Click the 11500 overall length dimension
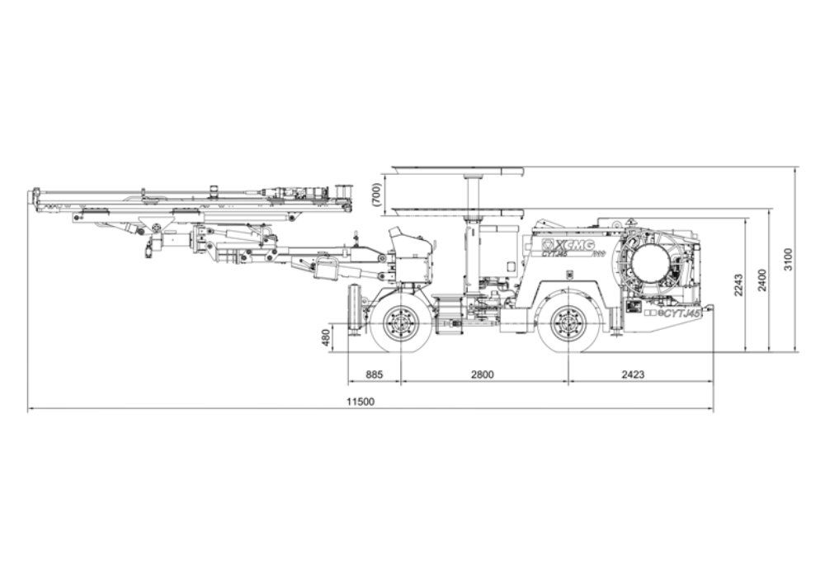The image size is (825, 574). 361,402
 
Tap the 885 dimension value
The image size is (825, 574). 374,374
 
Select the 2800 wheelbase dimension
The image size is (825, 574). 483,374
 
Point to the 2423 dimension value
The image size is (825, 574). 633,374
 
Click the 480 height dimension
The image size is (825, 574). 325,338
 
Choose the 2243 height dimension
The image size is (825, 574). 738,285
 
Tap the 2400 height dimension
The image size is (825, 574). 762,280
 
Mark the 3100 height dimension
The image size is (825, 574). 788,260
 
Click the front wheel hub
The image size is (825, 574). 401,321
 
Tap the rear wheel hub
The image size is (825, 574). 568,321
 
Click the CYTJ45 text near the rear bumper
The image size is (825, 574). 682,313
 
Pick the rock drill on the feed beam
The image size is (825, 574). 297,191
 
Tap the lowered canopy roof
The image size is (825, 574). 458,212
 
